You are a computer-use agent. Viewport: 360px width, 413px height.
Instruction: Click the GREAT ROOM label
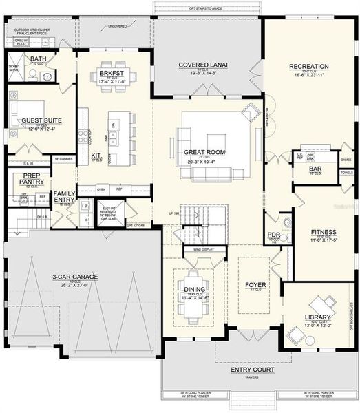click(201, 151)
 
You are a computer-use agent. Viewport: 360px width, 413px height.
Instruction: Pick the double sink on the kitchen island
click(112, 141)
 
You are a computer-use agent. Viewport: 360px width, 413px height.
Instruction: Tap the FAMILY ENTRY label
click(65, 197)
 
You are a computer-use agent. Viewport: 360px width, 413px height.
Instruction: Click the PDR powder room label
click(273, 235)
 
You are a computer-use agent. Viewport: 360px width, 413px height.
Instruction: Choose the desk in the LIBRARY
click(321, 304)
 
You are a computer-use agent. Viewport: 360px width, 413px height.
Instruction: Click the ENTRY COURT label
click(252, 370)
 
